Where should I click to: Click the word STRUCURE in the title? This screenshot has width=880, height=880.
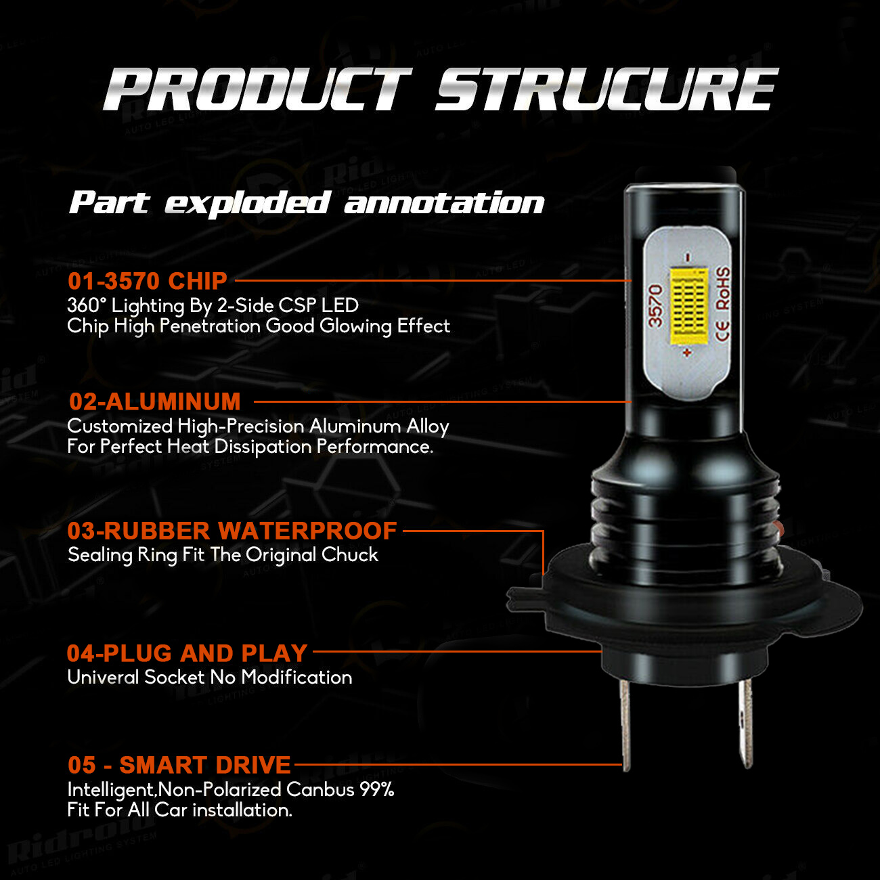607,89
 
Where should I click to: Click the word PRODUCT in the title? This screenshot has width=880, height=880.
258,89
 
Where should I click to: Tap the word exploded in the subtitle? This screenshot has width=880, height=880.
246,204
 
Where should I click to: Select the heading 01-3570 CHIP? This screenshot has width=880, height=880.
147,281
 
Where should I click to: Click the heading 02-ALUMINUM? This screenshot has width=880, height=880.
155,402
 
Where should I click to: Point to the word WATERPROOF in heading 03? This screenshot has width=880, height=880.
307,531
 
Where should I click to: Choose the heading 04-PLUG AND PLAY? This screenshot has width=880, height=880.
187,653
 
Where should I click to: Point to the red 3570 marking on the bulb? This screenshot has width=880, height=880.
656,305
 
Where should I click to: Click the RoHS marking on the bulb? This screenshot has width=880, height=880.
722,288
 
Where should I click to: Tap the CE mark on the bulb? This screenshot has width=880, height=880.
723,331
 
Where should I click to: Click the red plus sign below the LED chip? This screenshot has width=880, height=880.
687,353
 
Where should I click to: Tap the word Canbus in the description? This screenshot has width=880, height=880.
320,789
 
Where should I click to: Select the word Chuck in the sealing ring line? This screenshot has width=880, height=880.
350,555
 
